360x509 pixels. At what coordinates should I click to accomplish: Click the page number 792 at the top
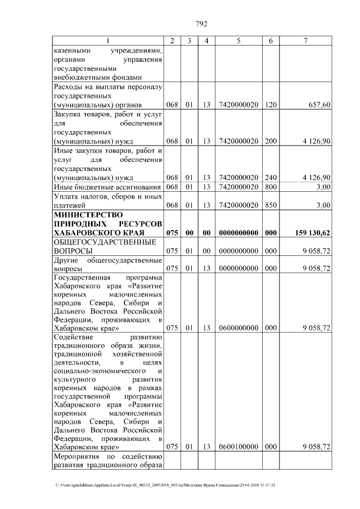(201, 24)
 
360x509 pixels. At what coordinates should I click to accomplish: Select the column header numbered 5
(238, 40)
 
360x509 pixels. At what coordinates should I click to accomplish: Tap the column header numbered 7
(305, 40)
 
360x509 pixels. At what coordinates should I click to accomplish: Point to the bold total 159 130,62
(312, 232)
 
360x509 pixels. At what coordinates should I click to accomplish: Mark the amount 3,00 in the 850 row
(323, 205)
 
